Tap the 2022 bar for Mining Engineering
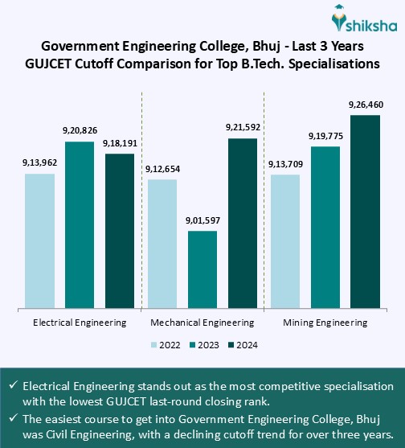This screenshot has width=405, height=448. pos(285,240)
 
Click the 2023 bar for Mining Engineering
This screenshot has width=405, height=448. pos(325,226)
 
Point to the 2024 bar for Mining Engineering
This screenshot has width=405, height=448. pos(365,211)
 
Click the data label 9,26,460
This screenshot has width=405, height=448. pos(366,105)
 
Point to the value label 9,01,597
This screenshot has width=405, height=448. pos(202,220)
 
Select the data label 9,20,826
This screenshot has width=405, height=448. pos(80,130)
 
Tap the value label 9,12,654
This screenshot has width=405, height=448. pos(162,169)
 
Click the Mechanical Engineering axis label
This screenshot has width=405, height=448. pos(202,322)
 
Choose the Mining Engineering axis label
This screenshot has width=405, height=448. pos(325,322)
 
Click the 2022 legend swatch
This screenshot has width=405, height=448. pos(154,345)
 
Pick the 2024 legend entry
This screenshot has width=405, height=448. pos(243,345)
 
